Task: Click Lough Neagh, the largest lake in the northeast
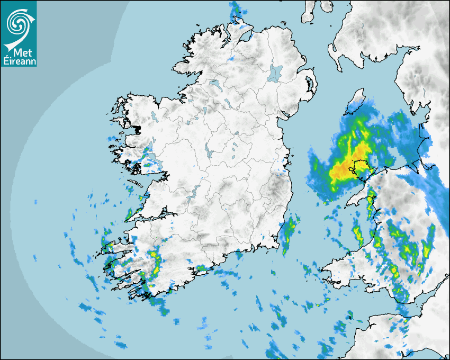[275, 73]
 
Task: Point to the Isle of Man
[356, 103]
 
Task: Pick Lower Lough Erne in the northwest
[215, 85]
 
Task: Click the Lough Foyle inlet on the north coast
[245, 35]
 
